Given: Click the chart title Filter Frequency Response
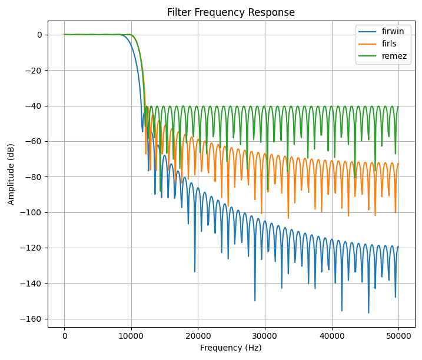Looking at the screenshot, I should pos(231,12).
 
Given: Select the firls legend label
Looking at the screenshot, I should pos(391,44).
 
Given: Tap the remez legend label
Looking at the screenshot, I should pos(394,56).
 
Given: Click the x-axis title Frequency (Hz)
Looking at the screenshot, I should pos(231,348).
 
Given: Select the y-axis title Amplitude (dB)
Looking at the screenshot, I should pos(11,174).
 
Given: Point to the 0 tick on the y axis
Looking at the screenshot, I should pos(39,35).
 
